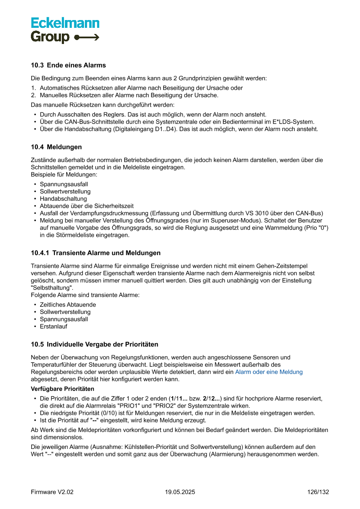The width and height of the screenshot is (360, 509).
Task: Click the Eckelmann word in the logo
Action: tap(65, 23)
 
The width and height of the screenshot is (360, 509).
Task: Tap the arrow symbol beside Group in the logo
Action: tap(87, 37)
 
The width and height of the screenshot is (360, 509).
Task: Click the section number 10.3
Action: tap(37, 65)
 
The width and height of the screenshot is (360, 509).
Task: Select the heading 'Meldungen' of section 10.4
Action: tap(64, 147)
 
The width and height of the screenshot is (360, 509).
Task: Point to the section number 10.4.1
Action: tap(40, 253)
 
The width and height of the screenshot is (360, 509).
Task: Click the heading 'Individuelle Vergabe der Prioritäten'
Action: tap(102, 344)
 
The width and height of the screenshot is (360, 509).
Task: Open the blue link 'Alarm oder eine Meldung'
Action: tap(269, 372)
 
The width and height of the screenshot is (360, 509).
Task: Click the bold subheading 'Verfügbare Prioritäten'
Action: tap(62, 388)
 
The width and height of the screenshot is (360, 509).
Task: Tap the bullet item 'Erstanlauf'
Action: tap(54, 327)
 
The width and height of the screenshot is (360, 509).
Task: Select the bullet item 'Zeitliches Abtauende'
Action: tap(68, 305)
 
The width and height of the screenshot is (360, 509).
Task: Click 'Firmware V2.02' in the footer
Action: tap(52, 492)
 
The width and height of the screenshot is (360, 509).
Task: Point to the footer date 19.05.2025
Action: tap(180, 492)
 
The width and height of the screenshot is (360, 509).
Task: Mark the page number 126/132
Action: tap(318, 492)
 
